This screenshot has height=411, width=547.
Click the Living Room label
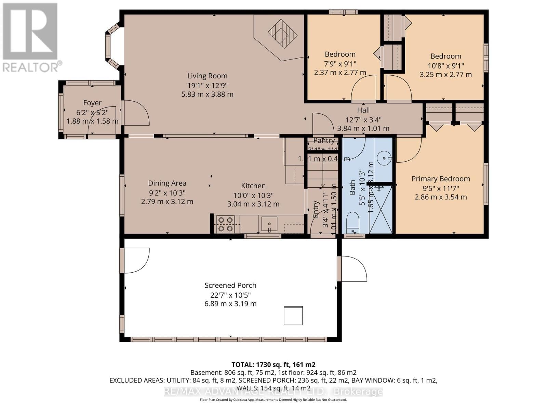pyautogui.click(x=207, y=76)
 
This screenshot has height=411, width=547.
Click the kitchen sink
pyautogui.click(x=269, y=224)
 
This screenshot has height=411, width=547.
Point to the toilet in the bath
pyautogui.click(x=352, y=222)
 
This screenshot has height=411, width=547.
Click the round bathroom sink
pyautogui.click(x=384, y=158)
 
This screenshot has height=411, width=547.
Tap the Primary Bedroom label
pyautogui.click(x=440, y=179)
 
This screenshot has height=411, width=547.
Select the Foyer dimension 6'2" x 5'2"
pyautogui.click(x=92, y=112)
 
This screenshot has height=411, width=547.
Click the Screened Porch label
pyautogui.click(x=230, y=285)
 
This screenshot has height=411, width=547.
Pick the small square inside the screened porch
pyautogui.click(x=293, y=315)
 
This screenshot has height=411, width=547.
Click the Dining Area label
pyautogui.click(x=167, y=183)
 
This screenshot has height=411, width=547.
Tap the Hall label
pyautogui.click(x=363, y=110)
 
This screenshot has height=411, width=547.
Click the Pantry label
pyautogui.click(x=324, y=141)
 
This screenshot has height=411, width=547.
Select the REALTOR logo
pyautogui.click(x=31, y=38)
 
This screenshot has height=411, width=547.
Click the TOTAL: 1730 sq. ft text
pyautogui.click(x=273, y=364)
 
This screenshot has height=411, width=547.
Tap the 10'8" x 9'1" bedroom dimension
pyautogui.click(x=445, y=65)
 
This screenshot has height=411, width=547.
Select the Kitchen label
pyautogui.click(x=253, y=186)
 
